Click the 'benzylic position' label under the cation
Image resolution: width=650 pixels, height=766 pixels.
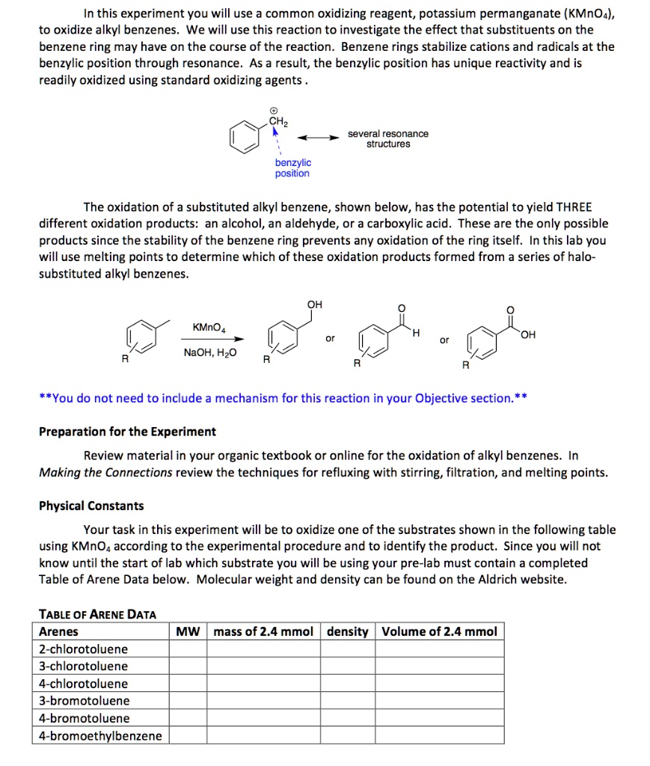(292, 168)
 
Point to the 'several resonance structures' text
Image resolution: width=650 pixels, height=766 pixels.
(387, 138)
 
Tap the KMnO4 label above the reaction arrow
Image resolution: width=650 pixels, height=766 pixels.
(209, 328)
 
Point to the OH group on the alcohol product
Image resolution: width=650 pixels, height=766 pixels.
(313, 304)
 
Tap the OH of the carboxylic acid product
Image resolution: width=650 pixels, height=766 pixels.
(529, 334)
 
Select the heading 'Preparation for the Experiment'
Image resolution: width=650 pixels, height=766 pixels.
(127, 432)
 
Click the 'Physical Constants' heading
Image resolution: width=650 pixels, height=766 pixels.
(91, 506)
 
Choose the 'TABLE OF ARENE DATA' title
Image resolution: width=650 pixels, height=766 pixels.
(97, 614)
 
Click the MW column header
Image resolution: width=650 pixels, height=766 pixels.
(187, 631)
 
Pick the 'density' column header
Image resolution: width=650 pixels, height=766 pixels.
(348, 631)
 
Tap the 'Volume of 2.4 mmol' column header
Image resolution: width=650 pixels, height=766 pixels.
(439, 631)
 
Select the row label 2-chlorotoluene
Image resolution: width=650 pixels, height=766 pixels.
(83, 649)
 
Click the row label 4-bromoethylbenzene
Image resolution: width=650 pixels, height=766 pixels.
(100, 735)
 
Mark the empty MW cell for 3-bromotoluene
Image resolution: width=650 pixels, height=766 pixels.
(187, 701)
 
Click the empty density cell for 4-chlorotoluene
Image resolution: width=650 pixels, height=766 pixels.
(348, 684)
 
